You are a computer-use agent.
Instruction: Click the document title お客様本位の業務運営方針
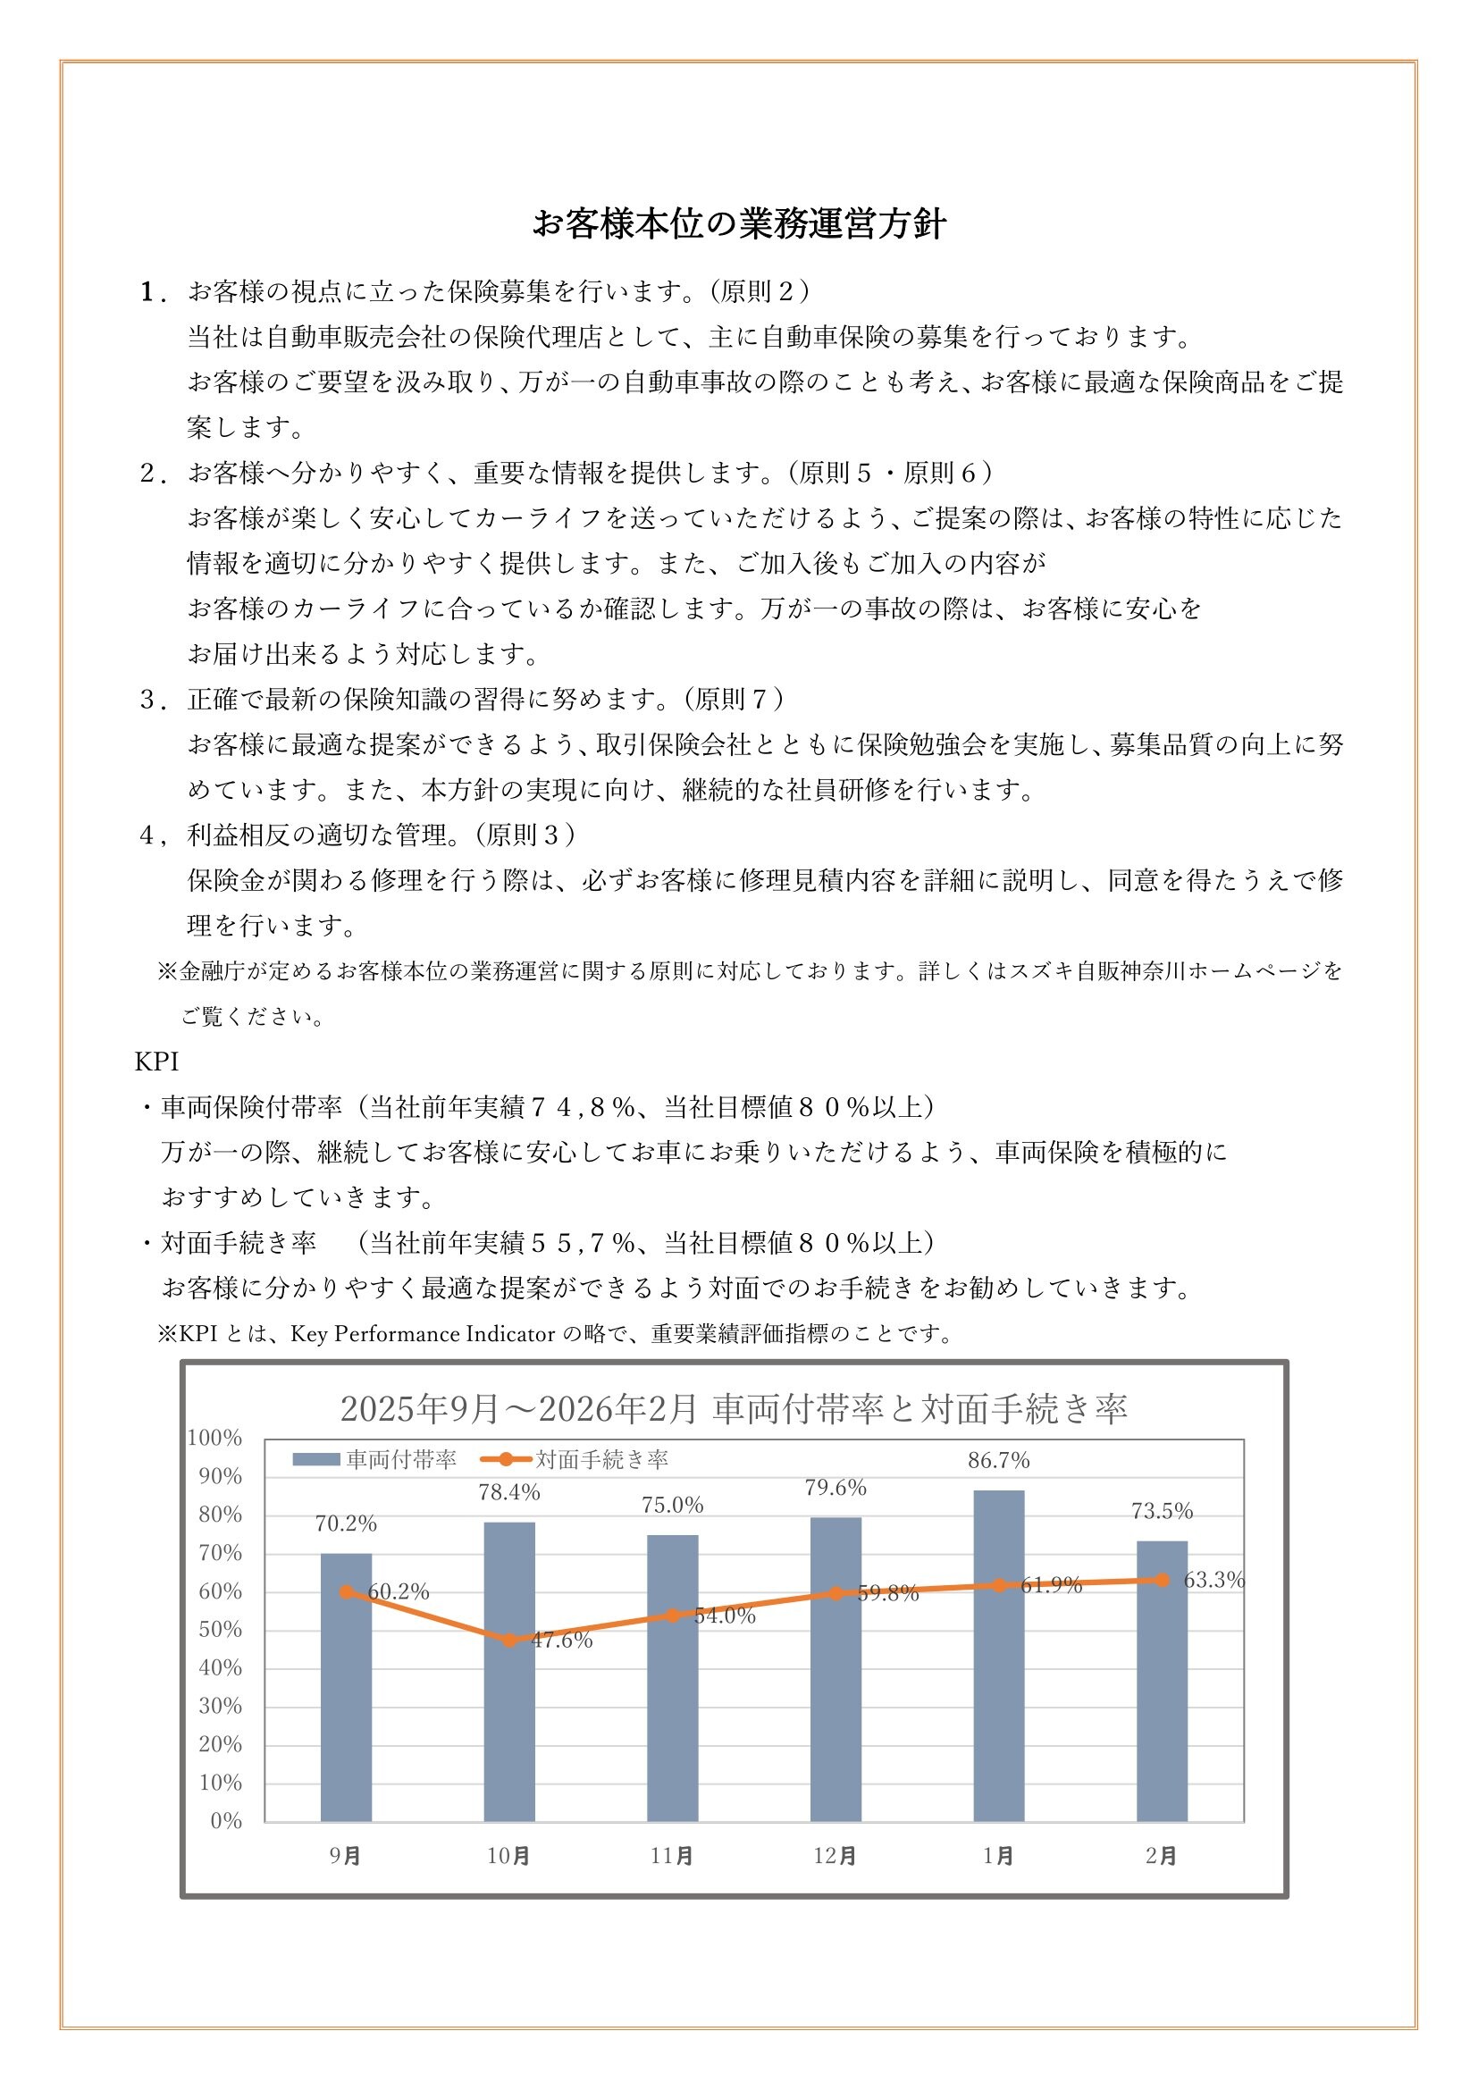tap(739, 224)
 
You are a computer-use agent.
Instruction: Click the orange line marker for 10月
tap(509, 1641)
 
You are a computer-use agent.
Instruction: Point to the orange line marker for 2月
tap(1163, 1581)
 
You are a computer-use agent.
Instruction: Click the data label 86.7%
tap(998, 1461)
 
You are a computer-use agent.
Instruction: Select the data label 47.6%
tap(561, 1641)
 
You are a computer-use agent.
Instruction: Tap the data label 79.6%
tap(836, 1489)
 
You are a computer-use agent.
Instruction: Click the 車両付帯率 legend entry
tap(374, 1460)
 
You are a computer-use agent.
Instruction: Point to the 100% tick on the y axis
tap(214, 1439)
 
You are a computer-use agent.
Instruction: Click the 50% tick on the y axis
tap(220, 1630)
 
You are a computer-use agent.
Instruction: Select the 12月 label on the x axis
tap(836, 1856)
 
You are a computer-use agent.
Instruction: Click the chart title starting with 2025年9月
tap(734, 1409)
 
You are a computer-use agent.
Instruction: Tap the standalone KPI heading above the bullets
tap(156, 1062)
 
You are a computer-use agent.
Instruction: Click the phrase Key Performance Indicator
tap(423, 1334)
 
